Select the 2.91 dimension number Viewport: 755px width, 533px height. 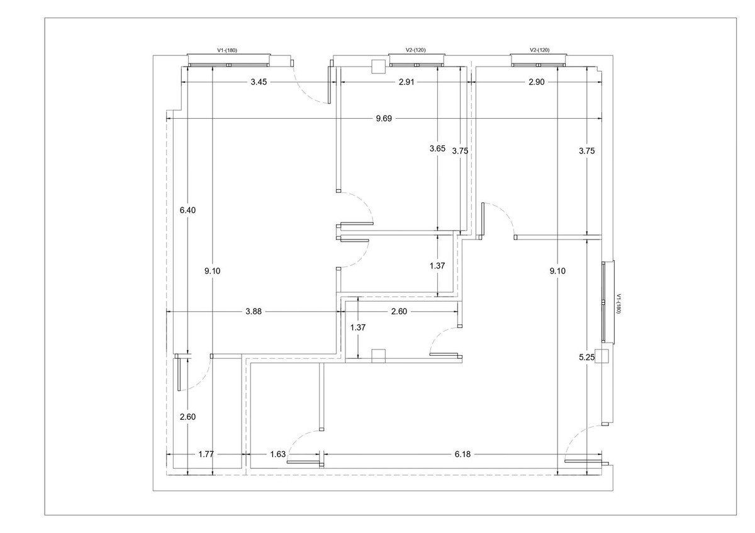tap(406, 82)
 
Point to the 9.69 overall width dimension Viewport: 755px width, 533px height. tap(384, 119)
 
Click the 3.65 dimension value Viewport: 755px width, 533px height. tap(437, 149)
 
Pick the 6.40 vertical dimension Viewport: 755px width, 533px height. tap(188, 211)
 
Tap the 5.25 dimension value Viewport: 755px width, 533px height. tap(586, 358)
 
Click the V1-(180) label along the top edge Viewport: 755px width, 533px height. tap(226, 50)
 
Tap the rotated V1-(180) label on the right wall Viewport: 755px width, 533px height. tap(618, 304)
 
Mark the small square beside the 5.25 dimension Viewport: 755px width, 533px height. tap(601, 356)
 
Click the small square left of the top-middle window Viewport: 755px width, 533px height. tap(378, 66)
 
